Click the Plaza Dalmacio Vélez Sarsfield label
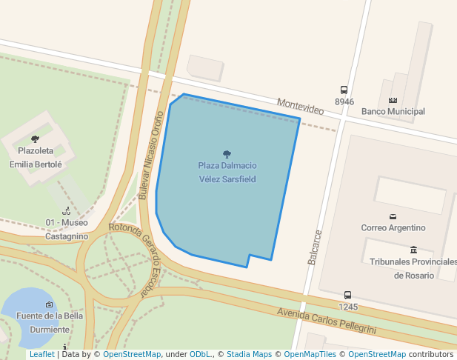coord(227,172)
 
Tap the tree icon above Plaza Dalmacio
coord(227,154)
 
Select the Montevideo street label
coord(300,106)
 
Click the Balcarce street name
coord(316,247)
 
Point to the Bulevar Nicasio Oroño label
coord(150,155)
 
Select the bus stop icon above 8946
coord(344,90)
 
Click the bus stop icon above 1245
coord(348,296)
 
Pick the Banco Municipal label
coord(393,112)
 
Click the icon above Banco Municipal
coord(393,100)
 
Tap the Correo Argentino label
coord(393,228)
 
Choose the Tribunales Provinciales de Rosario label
coord(413,268)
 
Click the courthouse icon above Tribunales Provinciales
coord(413,250)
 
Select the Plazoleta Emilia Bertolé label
coord(36,157)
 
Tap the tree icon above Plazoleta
coord(35,139)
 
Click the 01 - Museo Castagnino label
coord(67,229)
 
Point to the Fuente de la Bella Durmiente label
coord(50,322)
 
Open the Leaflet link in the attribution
coord(41,355)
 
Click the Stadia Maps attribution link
coord(249,355)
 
